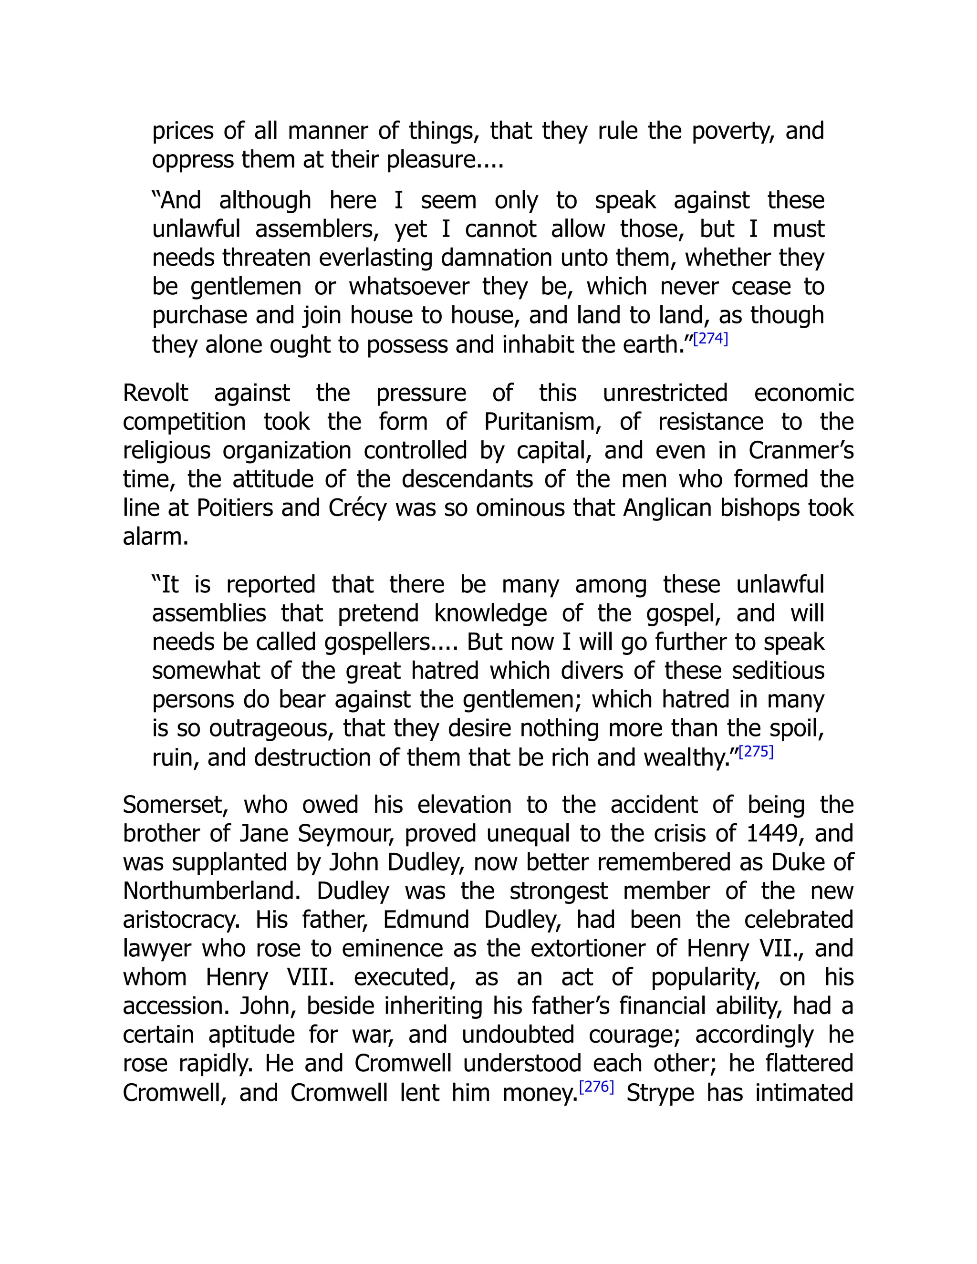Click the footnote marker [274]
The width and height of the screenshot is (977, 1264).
pyautogui.click(x=710, y=339)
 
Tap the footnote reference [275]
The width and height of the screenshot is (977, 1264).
pyautogui.click(x=756, y=752)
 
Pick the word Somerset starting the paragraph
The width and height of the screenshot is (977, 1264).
pyautogui.click(x=176, y=805)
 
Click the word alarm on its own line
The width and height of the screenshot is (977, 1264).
pyautogui.click(x=156, y=537)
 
